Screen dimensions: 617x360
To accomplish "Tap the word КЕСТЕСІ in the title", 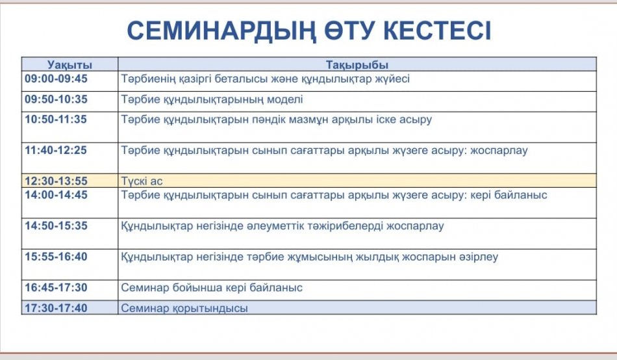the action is coord(437,31).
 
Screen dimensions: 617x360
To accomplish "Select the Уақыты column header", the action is coord(69,64).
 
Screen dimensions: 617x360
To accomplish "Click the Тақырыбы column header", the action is coord(357,64).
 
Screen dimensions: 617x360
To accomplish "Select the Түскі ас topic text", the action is coord(142,181).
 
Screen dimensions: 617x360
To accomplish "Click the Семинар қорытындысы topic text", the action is coord(184,309).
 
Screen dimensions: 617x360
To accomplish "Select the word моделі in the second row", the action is coord(285,99).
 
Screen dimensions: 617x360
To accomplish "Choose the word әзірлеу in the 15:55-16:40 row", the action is coord(479,257).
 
